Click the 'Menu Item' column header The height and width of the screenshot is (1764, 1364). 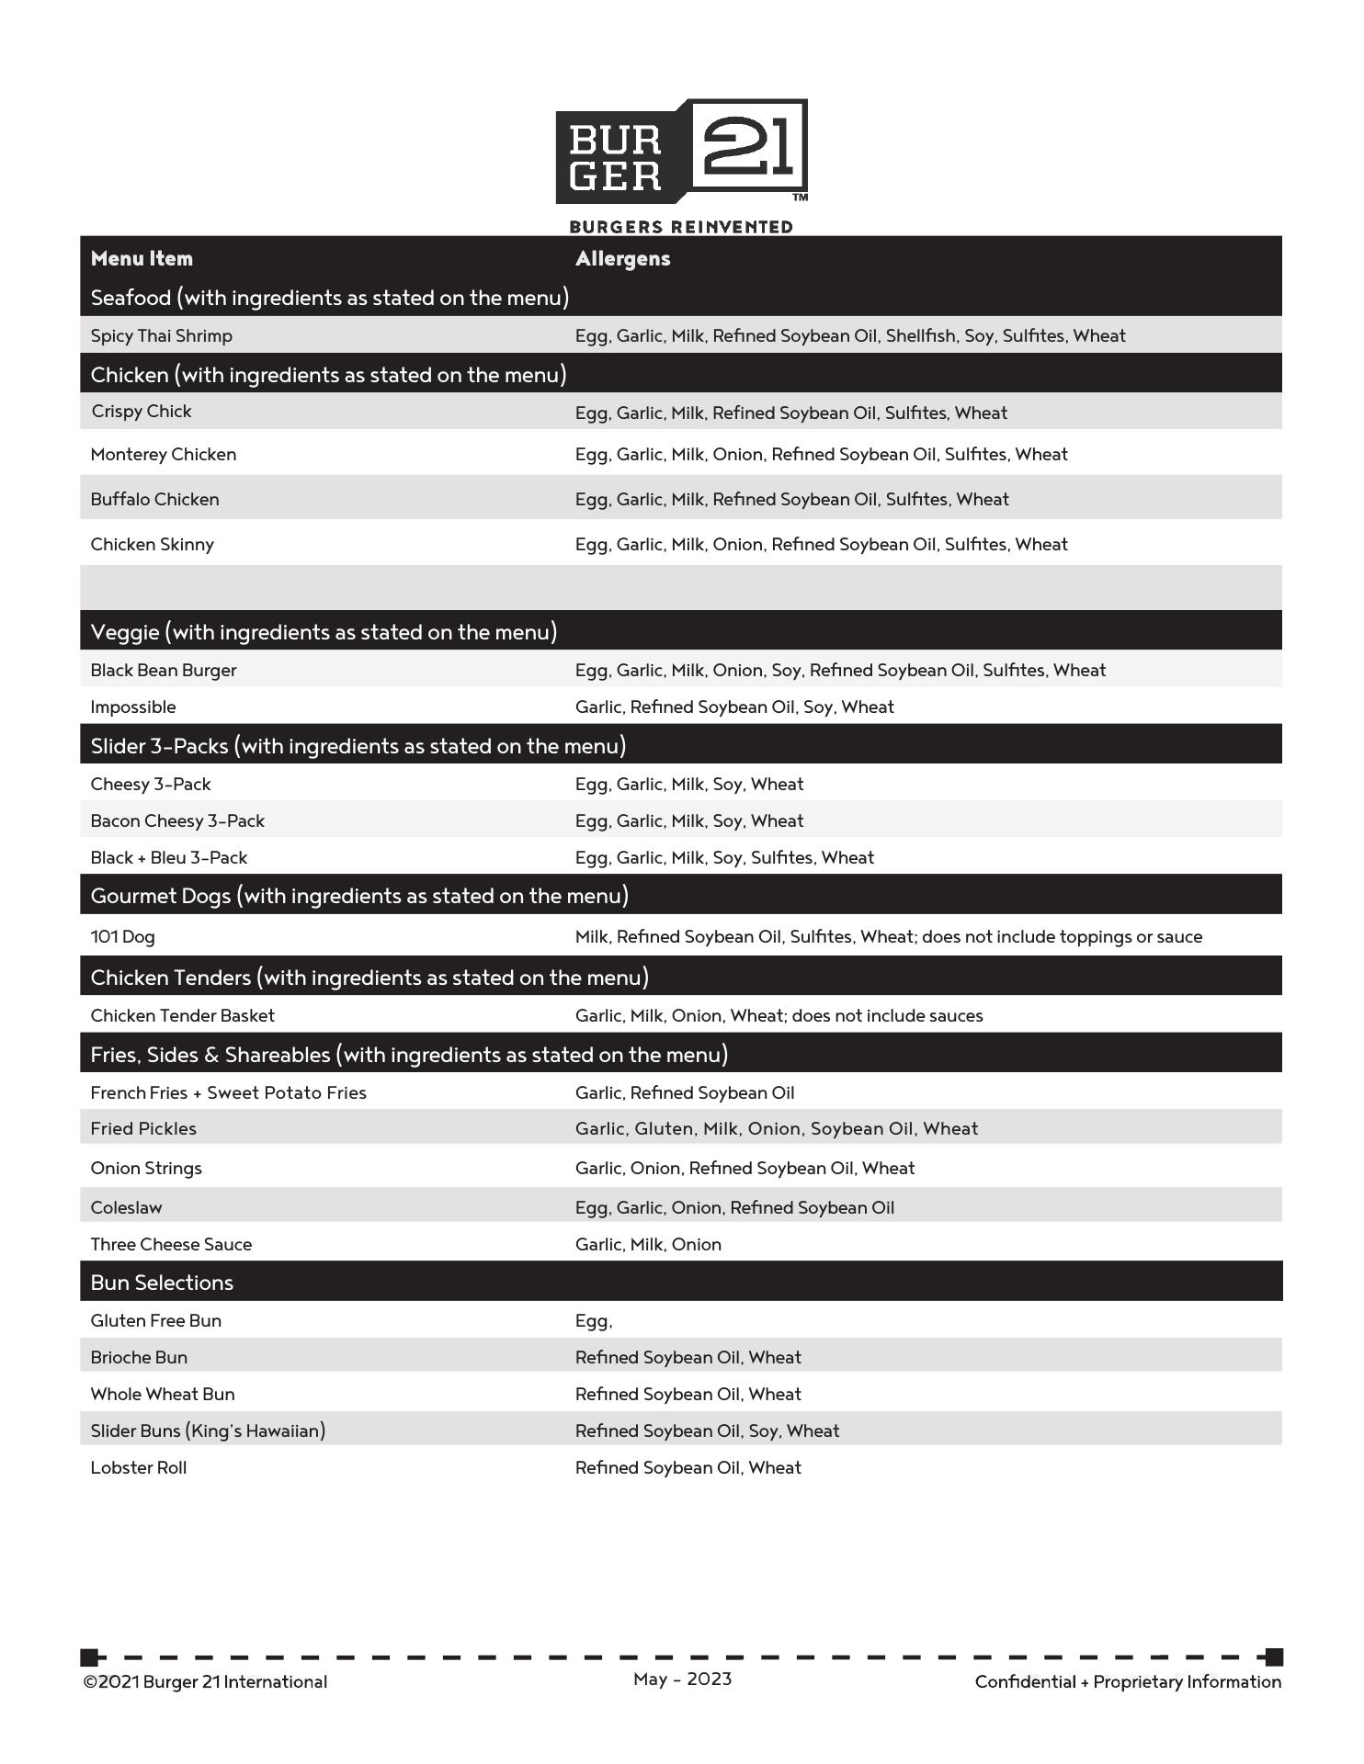(x=142, y=259)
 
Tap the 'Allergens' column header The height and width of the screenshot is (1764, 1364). (x=622, y=259)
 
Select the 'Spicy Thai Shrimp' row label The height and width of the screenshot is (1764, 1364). (x=161, y=336)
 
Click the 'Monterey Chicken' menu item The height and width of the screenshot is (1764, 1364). (x=163, y=455)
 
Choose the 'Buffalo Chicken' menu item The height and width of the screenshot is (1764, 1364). (x=154, y=500)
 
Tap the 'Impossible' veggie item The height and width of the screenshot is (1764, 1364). (x=132, y=707)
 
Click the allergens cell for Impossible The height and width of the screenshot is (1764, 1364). (x=733, y=707)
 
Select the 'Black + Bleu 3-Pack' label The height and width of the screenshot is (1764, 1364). (x=168, y=858)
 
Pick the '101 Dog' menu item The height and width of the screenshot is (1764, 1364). (x=122, y=937)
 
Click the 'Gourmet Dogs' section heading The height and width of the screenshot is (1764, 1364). (x=358, y=896)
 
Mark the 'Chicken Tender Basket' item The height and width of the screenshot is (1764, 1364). (x=182, y=1016)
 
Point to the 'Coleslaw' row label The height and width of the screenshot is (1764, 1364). (x=126, y=1208)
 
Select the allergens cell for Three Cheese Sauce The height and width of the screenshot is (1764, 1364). (x=648, y=1245)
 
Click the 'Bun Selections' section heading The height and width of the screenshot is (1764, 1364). (x=162, y=1283)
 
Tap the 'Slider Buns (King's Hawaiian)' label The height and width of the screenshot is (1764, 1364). (x=208, y=1431)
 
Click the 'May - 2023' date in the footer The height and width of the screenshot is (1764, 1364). (x=682, y=1679)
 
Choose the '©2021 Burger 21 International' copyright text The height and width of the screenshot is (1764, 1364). (x=205, y=1682)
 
